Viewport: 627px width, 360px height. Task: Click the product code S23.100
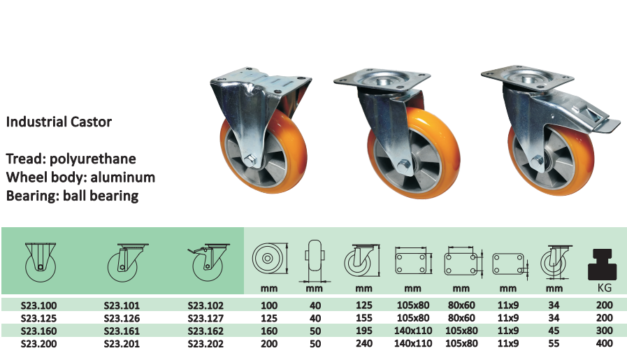38,305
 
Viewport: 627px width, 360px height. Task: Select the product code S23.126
122,318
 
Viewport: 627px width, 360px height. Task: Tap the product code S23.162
206,331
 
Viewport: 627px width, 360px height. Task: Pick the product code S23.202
206,344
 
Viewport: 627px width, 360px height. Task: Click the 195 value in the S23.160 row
364,331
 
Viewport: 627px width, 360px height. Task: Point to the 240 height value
364,344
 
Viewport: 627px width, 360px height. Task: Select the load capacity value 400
604,343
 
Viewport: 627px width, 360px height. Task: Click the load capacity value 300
604,331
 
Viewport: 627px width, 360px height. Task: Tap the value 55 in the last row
554,343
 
